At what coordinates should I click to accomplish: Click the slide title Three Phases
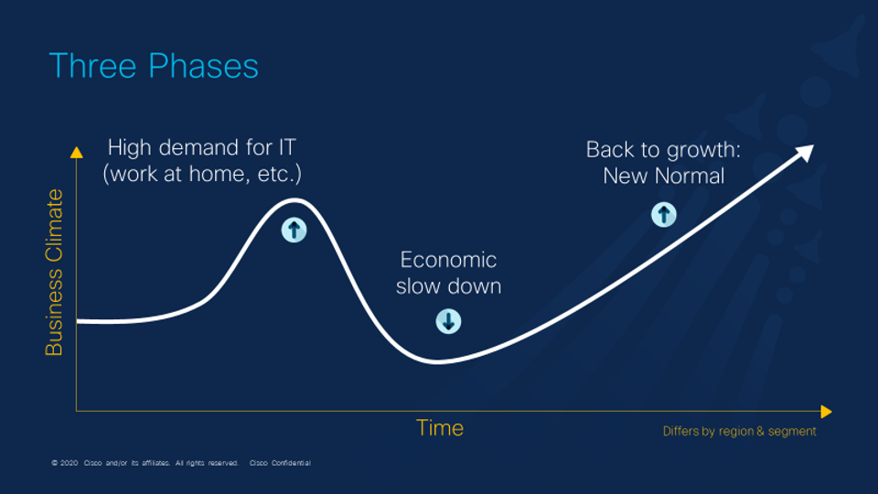pos(154,67)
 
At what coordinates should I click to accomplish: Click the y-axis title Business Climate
pos(54,273)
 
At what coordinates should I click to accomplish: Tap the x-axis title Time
pos(440,428)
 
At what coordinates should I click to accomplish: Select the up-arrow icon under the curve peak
pos(294,230)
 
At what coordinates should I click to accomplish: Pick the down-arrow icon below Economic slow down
pos(448,321)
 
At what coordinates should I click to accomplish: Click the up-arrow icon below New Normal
pos(664,214)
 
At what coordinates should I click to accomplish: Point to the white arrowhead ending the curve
pos(805,153)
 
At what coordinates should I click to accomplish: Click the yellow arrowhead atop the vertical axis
pos(77,153)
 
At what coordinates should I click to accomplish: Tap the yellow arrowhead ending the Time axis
pos(827,412)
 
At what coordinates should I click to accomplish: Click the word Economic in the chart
pos(448,261)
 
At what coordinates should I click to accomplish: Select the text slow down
pos(448,286)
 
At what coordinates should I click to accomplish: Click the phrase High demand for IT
pos(201,148)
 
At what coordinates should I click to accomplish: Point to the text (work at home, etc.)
pos(202,174)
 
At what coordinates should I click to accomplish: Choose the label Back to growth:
pos(664,150)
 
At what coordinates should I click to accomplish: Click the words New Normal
pos(664,176)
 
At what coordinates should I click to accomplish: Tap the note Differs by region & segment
pos(740,431)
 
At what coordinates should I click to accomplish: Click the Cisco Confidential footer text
pos(280,463)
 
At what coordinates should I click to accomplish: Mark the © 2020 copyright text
pos(64,463)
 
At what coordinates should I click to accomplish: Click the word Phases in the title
pos(204,67)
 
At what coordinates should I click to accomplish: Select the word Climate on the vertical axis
pos(54,225)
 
